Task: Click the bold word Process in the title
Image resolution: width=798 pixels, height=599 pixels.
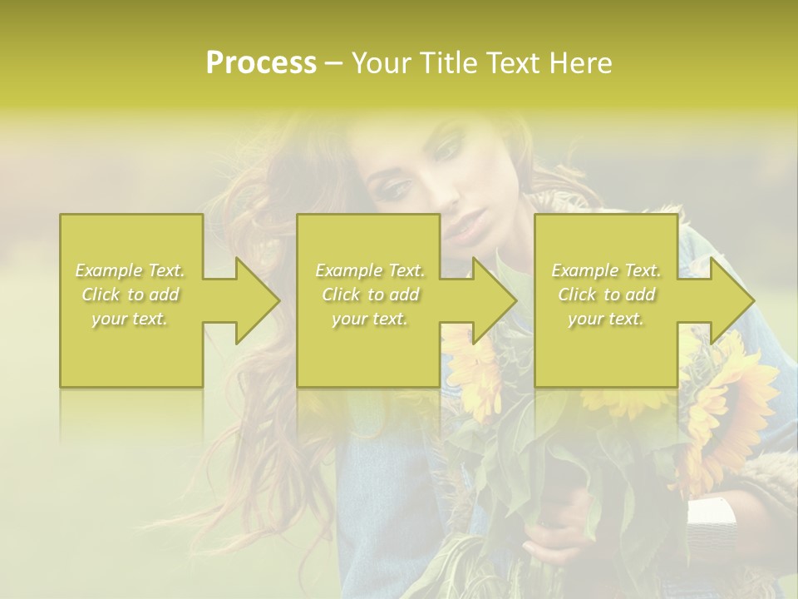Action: [x=261, y=63]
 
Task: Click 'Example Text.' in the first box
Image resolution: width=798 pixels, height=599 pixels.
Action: [x=131, y=270]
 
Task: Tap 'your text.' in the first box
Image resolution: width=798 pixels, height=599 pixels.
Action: [x=131, y=319]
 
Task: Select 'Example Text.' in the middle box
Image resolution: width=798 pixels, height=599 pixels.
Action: [x=370, y=270]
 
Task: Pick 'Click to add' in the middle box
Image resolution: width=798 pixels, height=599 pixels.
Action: [x=370, y=295]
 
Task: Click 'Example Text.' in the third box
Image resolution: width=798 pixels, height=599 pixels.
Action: [x=606, y=270]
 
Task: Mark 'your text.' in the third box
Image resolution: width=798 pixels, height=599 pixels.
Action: [x=606, y=319]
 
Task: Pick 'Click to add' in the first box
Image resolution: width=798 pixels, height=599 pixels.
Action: [x=131, y=295]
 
